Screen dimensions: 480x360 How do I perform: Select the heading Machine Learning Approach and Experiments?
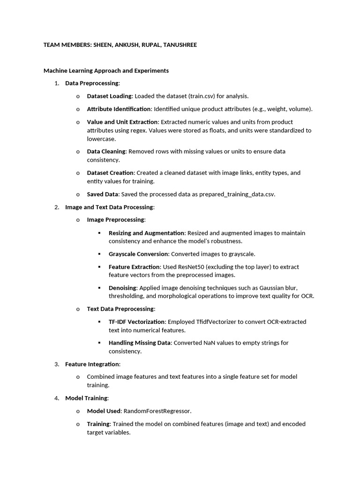(x=106, y=71)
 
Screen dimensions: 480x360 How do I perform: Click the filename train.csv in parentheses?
(x=202, y=96)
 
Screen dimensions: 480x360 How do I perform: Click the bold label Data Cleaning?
(x=106, y=151)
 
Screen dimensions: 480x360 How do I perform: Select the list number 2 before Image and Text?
(x=57, y=207)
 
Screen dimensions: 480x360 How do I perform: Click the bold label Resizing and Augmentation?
(x=147, y=233)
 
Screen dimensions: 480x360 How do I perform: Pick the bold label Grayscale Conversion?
(x=138, y=254)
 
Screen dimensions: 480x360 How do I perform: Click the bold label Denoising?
(x=122, y=288)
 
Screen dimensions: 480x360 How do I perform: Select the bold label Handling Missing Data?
(x=140, y=343)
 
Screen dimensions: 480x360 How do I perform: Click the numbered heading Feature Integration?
(x=92, y=364)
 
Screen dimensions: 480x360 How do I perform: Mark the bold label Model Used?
(x=104, y=411)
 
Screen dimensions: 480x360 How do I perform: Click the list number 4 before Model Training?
(x=57, y=398)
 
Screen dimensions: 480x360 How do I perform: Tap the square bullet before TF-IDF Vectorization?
(x=99, y=322)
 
